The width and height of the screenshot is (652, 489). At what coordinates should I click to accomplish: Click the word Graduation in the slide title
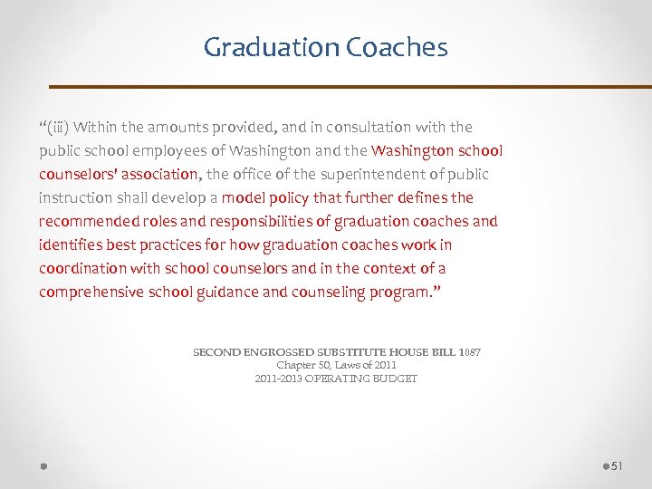click(259, 47)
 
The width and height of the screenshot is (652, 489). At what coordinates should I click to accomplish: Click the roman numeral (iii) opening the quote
click(58, 128)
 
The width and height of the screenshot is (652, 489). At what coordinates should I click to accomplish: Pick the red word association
click(157, 175)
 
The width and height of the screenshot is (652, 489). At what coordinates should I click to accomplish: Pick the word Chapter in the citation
click(295, 365)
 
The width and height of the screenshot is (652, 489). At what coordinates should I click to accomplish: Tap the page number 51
click(618, 465)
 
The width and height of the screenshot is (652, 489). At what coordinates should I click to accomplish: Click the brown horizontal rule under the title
click(350, 87)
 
